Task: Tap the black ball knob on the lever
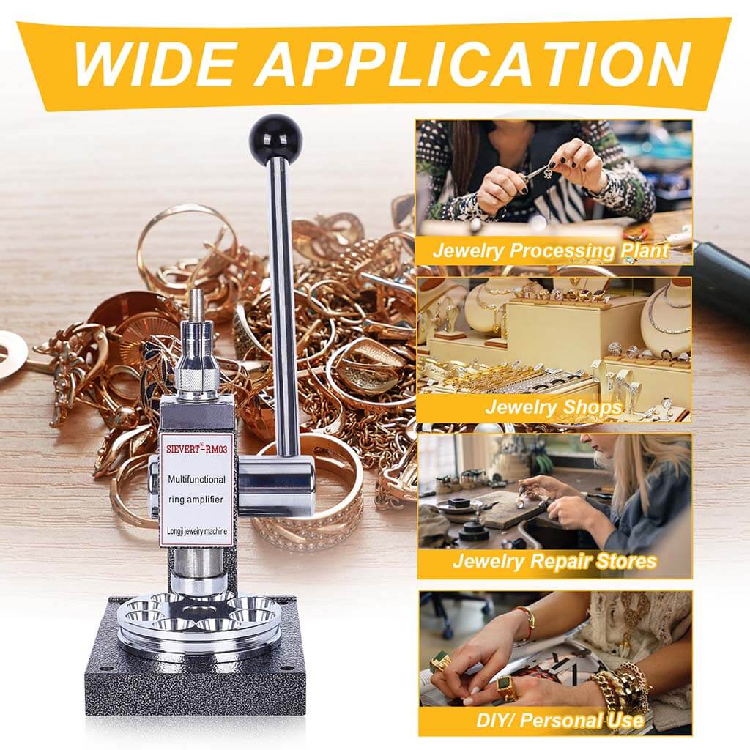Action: (x=276, y=136)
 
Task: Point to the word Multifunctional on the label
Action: (x=196, y=479)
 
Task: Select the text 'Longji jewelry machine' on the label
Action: (x=196, y=532)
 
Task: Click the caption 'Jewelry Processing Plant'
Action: (x=551, y=250)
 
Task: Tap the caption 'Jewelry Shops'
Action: (x=554, y=406)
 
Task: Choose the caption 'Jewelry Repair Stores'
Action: (x=554, y=560)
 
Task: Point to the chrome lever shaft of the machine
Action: (x=283, y=306)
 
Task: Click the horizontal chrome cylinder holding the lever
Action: (x=276, y=486)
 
